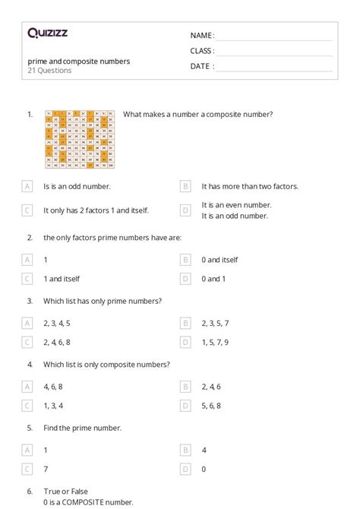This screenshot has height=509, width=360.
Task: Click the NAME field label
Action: coord(202,36)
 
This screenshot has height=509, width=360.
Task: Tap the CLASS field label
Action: coord(202,51)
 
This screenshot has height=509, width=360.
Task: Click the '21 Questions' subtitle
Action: coord(49,71)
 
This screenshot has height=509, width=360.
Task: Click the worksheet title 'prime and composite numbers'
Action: coord(78,61)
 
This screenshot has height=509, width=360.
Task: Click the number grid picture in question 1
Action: coord(80,138)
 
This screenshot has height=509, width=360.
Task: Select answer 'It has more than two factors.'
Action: coord(249,186)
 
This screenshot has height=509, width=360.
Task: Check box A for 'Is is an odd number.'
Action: coord(27,186)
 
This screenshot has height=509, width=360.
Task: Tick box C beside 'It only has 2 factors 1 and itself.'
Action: coord(27,210)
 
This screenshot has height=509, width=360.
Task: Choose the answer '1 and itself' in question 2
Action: coord(61,279)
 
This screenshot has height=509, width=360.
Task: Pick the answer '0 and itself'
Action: coord(219,259)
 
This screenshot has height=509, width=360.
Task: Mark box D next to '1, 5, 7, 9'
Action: coord(185,343)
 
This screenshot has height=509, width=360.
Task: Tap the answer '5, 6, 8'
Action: coord(211,406)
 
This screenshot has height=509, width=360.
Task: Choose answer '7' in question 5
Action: coord(46,469)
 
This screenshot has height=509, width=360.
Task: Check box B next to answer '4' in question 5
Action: coord(185,450)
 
